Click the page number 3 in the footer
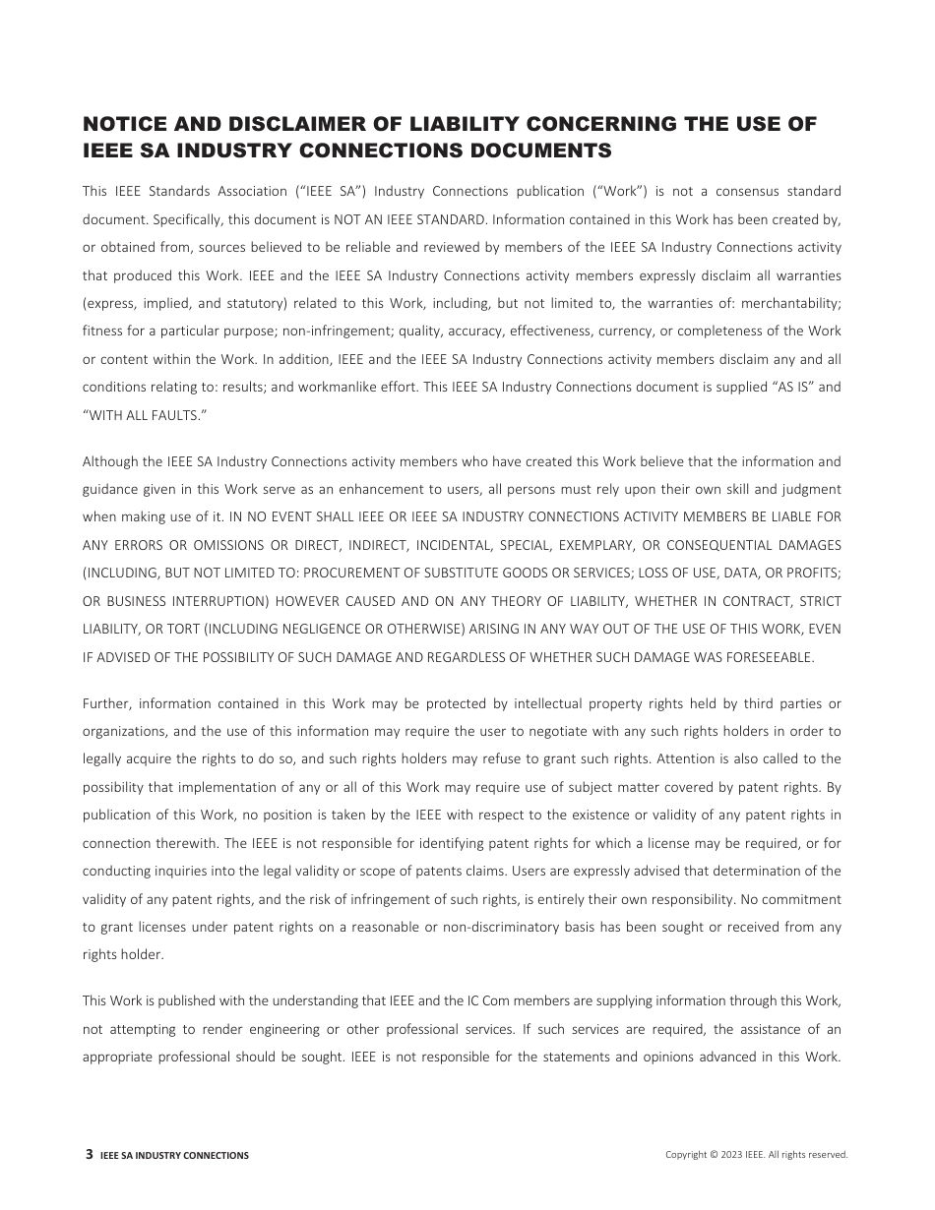[x=90, y=1155]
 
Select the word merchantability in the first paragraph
[x=793, y=303]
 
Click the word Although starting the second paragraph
[x=110, y=461]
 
